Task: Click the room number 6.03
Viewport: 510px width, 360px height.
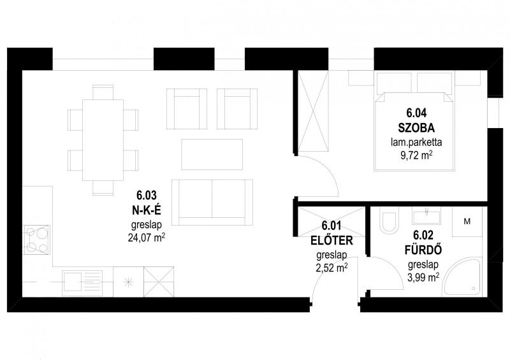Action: (147, 196)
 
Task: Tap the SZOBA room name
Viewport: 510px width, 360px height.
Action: (416, 128)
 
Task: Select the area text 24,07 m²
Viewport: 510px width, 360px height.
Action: (147, 238)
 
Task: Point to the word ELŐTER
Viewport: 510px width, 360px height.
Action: (331, 241)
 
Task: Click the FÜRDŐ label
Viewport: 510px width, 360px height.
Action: (423, 250)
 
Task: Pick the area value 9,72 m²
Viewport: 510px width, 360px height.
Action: (416, 155)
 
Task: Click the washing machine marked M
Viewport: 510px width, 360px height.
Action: (467, 222)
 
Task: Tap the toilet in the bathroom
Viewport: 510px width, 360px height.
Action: (390, 223)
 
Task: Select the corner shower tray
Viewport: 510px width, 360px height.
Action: (463, 277)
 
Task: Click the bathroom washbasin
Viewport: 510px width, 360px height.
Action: (426, 216)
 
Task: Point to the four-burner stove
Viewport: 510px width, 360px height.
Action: (36, 240)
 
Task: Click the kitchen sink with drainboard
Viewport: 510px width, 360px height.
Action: (83, 282)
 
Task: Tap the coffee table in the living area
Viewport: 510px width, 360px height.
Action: (212, 154)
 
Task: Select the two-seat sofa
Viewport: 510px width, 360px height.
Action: (212, 202)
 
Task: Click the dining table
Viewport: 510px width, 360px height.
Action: (103, 140)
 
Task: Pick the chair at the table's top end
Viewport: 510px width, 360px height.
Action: (103, 92)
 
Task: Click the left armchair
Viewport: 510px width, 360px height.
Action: (187, 109)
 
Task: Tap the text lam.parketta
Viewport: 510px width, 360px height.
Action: (416, 142)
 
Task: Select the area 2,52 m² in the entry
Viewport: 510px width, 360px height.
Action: (331, 268)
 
